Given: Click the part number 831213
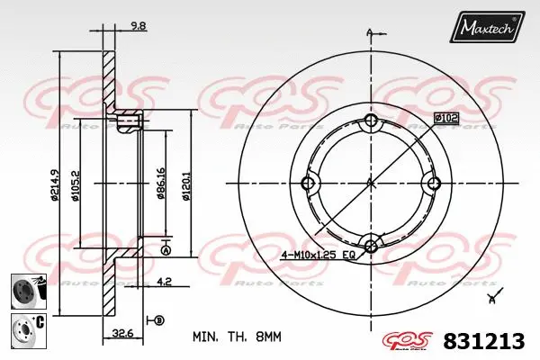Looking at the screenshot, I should click(x=483, y=341).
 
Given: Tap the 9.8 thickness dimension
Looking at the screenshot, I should click(x=139, y=27).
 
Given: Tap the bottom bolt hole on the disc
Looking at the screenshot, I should click(x=370, y=244).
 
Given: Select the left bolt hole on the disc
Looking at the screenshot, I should click(x=310, y=184).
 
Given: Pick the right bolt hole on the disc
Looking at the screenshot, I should click(x=431, y=184).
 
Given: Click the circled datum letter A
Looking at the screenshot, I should click(x=166, y=252).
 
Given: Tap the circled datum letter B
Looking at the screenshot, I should click(x=160, y=320).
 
